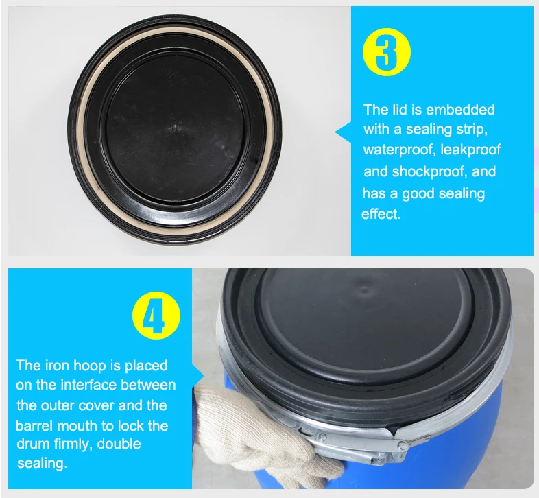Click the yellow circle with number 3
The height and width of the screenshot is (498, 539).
(x=387, y=52)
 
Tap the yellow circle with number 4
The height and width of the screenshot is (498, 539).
(x=156, y=316)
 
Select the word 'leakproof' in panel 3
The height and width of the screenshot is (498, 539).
(x=470, y=150)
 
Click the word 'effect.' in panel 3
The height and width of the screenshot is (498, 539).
(x=381, y=214)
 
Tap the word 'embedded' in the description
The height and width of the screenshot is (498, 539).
(x=460, y=110)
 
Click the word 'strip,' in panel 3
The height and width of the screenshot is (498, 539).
(x=472, y=130)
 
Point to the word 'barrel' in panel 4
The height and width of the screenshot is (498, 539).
(x=34, y=426)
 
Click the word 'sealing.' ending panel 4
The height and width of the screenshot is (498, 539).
(x=42, y=464)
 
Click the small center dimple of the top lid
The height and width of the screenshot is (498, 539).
(x=175, y=128)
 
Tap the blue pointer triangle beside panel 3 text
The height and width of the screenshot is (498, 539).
(x=343, y=132)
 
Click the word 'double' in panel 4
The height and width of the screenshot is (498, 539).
(x=119, y=444)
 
